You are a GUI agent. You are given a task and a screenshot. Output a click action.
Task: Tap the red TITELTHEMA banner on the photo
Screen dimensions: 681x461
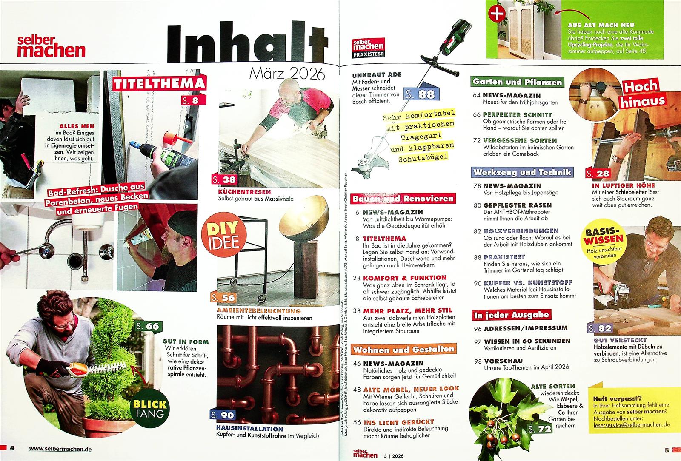pos(159,83)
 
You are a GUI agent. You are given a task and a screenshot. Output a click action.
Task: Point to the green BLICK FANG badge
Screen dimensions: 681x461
pos(150,408)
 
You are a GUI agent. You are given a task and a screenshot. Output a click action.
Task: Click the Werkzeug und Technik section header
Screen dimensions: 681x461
pos(522,172)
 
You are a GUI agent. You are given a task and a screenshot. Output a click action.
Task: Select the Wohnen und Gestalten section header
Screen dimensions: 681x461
pos(403,350)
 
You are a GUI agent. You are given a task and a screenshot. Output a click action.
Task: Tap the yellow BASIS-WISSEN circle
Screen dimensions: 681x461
pos(604,241)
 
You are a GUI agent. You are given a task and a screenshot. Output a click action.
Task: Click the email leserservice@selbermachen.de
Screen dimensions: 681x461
pos(632,425)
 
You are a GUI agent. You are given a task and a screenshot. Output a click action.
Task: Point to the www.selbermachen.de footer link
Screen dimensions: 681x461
pos(60,449)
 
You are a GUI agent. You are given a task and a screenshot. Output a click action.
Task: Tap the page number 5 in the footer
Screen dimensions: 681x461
pos(667,450)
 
